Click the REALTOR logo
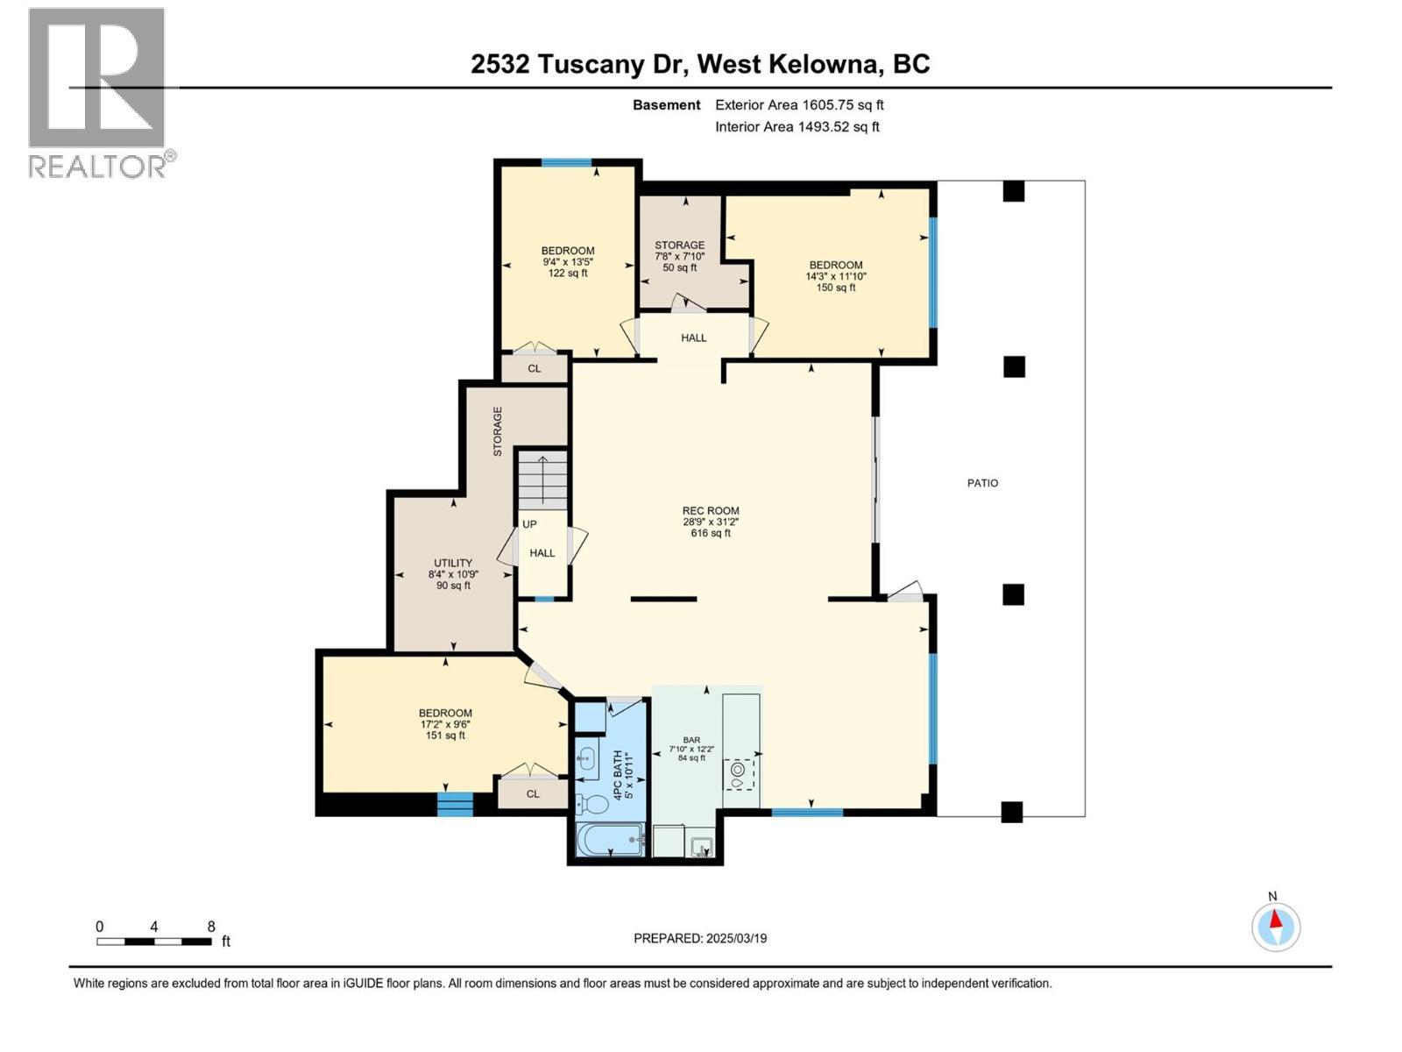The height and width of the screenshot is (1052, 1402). [97, 92]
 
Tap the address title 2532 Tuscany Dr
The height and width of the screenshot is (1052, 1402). [700, 64]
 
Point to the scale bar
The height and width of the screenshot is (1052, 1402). [154, 942]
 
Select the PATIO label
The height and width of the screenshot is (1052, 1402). [982, 483]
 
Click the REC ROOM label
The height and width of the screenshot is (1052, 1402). [711, 522]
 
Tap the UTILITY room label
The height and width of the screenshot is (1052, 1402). [453, 574]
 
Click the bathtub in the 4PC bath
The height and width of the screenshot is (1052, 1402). [610, 841]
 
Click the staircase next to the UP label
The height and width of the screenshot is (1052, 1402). [542, 479]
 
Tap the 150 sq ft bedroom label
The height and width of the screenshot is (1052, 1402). [836, 275]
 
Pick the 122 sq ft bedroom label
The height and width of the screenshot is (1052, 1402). [568, 261]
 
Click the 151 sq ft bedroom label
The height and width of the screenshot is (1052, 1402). [445, 724]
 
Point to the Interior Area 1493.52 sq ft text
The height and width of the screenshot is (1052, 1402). [797, 127]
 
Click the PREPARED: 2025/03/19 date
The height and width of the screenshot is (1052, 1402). [700, 938]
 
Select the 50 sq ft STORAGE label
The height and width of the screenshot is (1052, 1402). [679, 256]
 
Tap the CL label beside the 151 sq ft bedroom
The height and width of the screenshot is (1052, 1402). [533, 794]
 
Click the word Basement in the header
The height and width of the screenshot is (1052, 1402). [667, 105]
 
